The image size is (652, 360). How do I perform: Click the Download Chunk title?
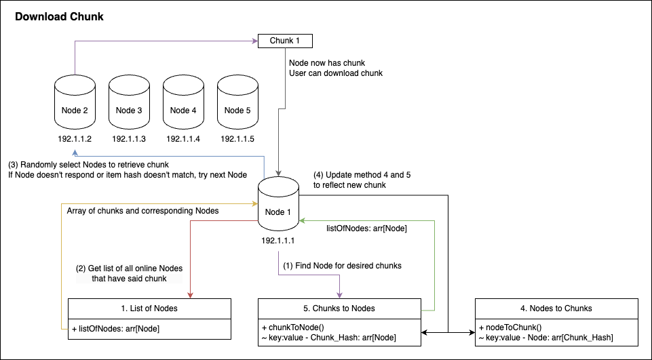point(59,16)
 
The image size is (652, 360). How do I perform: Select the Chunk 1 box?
point(285,41)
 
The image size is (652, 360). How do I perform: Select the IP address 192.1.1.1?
point(278,240)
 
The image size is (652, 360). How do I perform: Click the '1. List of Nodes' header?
point(149,308)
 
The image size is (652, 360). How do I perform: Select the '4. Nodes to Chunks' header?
point(556,308)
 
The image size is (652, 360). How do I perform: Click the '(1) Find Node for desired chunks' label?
point(342,266)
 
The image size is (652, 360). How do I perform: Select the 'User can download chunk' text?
point(335,73)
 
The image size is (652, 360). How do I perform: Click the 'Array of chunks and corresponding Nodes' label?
point(142,211)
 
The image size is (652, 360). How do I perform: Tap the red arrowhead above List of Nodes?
point(191,294)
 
